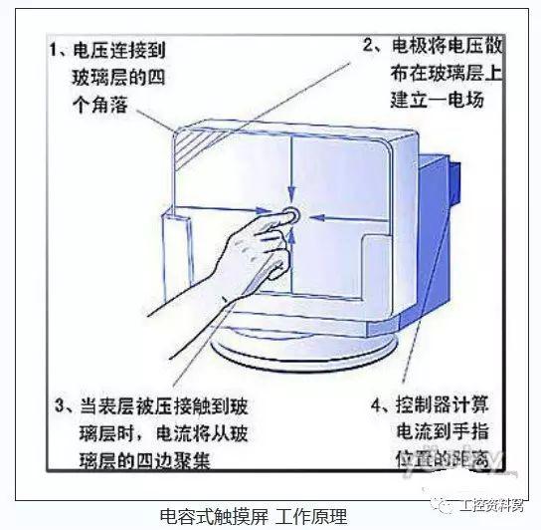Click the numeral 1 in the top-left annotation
[x=53, y=50]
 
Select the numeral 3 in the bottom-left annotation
[x=60, y=405]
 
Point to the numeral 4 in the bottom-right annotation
[x=377, y=404]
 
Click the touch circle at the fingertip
[x=291, y=214]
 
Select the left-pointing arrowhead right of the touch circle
[x=316, y=217]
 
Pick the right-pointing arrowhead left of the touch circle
[x=265, y=210]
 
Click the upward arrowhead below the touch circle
[x=292, y=237]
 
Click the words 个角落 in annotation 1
[x=100, y=105]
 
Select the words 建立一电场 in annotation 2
[x=438, y=100]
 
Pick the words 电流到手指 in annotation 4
[x=443, y=431]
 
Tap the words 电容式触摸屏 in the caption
[x=214, y=516]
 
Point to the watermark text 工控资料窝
[x=491, y=506]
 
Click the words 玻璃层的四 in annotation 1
[x=118, y=78]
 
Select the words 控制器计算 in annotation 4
[x=443, y=404]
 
